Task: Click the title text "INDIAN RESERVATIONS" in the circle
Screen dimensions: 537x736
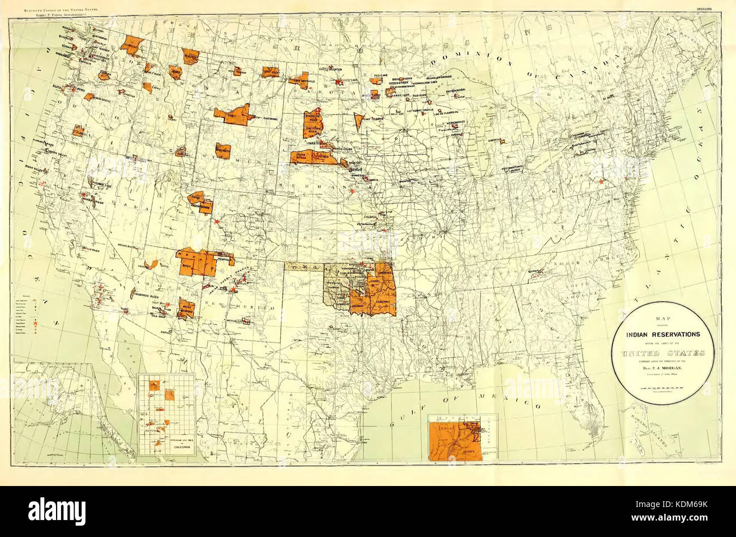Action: [662, 334]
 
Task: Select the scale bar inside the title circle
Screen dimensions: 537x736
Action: [662, 389]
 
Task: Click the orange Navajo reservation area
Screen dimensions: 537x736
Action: [195, 262]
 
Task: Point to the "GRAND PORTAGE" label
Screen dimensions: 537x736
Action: [443, 76]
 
